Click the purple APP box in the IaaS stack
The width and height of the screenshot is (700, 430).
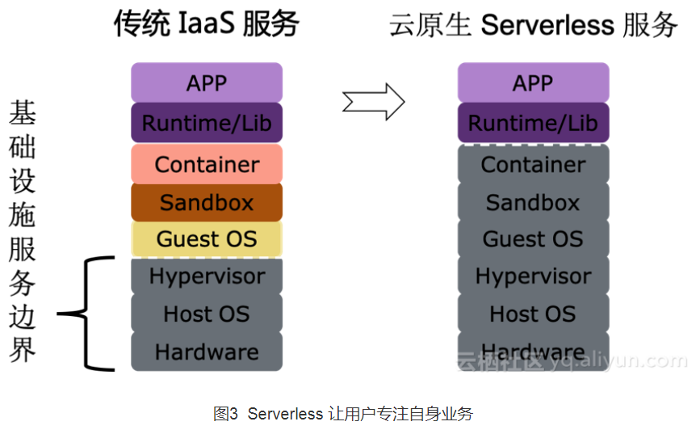pos(207,82)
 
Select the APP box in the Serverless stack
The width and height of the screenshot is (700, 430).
pos(533,82)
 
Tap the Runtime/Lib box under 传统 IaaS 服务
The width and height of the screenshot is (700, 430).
pos(207,123)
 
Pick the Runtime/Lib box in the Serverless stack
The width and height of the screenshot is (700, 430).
pos(533,123)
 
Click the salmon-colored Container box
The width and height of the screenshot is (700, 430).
pos(207,164)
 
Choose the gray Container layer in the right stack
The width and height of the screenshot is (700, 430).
pos(533,164)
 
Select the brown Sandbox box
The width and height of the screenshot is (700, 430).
pos(207,202)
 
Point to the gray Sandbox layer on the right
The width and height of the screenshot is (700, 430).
pos(533,202)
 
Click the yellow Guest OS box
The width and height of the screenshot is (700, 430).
pos(207,239)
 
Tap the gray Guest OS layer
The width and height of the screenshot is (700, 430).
pos(533,239)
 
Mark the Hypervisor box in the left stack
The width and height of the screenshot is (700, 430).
pos(207,276)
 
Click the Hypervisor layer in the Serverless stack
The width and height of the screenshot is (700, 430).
pos(533,276)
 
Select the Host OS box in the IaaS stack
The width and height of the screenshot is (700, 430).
pos(207,314)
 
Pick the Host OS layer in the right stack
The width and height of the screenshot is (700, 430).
pos(533,314)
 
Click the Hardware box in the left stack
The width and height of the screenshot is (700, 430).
pos(207,352)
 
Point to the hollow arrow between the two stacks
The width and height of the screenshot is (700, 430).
pos(372,101)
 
